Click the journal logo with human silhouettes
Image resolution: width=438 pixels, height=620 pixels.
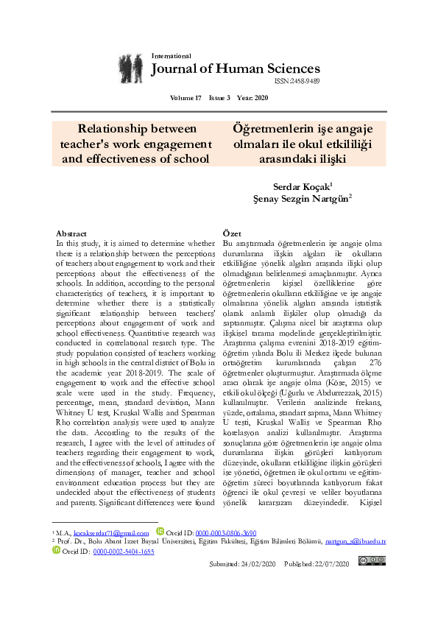coord(131,68)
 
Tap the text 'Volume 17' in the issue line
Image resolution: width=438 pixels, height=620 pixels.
coord(185,98)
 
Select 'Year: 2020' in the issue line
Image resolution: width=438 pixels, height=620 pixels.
coord(253,98)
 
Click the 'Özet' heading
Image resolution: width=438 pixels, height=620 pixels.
coord(232,233)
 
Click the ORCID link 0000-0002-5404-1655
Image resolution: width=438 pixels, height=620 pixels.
coord(123,551)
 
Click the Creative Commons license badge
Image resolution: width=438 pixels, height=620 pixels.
coord(371,561)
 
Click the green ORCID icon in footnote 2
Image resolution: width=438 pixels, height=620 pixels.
coord(57,550)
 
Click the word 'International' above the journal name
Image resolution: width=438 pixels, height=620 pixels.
coord(171,56)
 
